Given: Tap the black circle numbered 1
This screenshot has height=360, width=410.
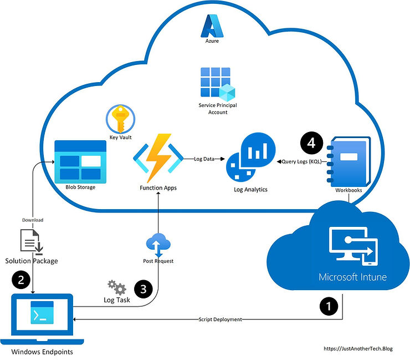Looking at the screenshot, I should (x=328, y=306).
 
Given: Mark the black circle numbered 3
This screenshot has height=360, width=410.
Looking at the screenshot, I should (x=143, y=288).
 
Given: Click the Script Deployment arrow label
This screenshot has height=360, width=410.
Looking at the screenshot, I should (x=221, y=320).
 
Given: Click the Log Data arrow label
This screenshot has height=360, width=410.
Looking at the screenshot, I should (x=206, y=159).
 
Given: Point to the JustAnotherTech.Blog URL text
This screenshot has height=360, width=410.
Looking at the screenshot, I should (x=357, y=348).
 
